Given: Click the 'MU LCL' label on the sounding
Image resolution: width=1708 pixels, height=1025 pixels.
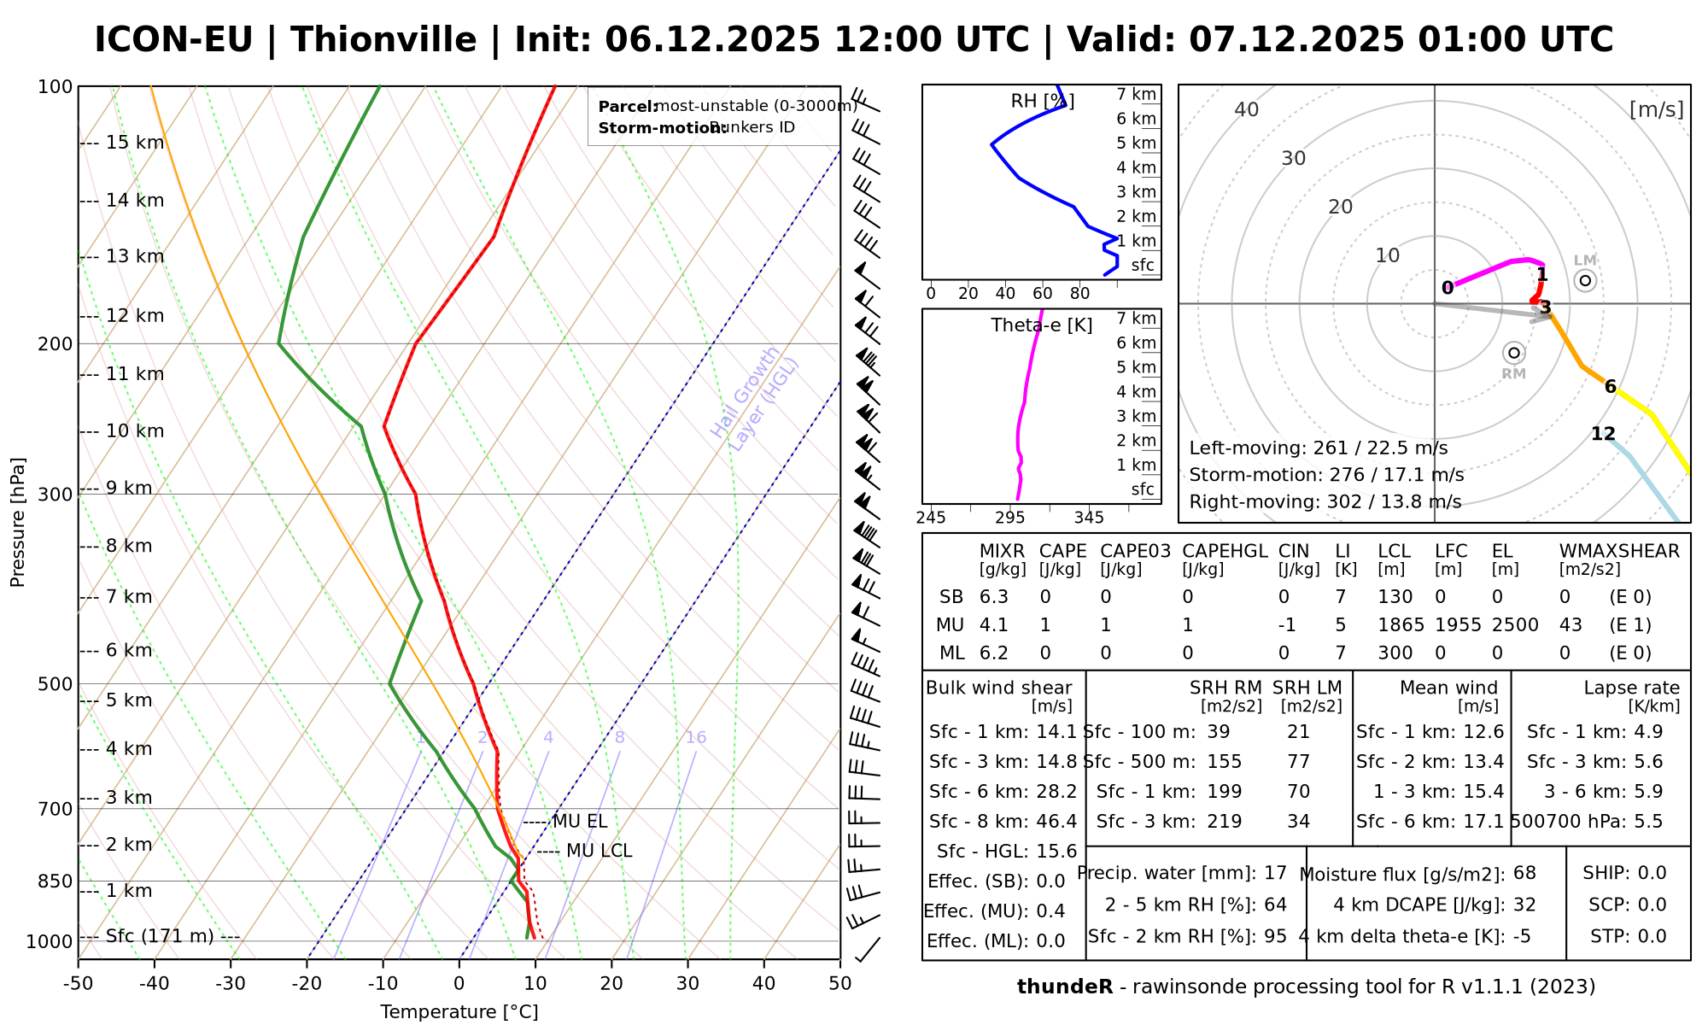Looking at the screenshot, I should point(599,852).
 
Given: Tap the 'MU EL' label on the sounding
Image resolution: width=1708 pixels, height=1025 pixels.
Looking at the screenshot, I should point(580,822).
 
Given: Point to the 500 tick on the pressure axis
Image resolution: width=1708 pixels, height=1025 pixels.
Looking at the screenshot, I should point(56,684).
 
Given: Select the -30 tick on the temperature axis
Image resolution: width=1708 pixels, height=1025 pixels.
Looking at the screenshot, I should point(231,983).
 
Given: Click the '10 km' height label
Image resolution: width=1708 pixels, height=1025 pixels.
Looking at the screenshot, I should point(135,431).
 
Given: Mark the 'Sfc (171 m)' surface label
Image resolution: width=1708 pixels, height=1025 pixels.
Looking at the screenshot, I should point(160,936).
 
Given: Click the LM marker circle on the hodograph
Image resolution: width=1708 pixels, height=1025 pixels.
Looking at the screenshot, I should point(1585,280).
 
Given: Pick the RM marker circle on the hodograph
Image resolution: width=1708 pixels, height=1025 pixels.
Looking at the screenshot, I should point(1514,353).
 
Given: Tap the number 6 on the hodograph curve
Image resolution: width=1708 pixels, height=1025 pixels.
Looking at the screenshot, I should point(1611,387).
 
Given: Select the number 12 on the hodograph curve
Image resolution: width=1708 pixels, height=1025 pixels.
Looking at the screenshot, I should point(1603,434).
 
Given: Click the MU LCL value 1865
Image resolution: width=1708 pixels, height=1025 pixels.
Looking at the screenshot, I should point(1401,625).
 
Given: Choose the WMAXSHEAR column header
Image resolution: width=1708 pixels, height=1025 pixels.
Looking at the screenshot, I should point(1619,552).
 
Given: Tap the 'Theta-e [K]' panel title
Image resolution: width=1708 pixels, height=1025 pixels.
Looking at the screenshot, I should point(1042,325).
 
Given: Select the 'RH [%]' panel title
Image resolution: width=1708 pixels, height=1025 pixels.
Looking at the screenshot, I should point(1043,102).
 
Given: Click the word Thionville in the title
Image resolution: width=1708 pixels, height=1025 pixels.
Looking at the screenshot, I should point(383,40).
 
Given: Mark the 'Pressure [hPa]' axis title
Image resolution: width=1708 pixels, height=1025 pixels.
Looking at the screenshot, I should point(18,523).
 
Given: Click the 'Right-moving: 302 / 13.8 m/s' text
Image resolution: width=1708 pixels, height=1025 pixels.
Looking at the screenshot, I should point(1325,502).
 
